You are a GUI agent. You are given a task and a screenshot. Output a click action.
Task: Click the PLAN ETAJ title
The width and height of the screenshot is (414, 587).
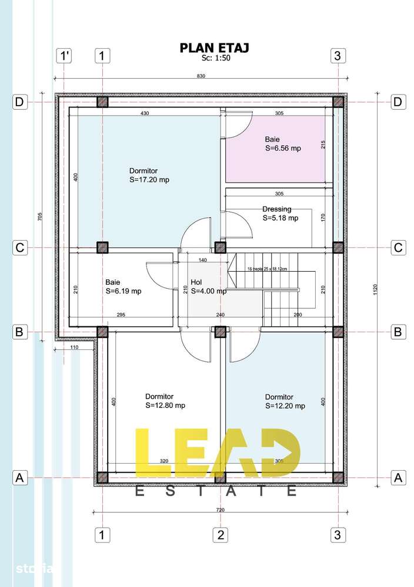pos(214,48)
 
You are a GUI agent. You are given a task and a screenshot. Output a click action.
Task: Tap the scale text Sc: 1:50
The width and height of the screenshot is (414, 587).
pos(214,58)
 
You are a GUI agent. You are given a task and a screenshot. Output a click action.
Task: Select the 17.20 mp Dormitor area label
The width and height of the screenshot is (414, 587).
pos(149,176)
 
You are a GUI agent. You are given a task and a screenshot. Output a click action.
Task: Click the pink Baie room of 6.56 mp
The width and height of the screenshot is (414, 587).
pos(276,149)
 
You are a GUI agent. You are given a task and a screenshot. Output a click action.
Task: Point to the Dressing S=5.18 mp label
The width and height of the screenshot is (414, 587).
pos(280,213)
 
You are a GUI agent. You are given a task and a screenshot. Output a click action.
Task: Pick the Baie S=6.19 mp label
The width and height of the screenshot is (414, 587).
pos(123,286)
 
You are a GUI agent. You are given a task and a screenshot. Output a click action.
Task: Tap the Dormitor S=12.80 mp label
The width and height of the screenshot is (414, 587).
pos(165,401)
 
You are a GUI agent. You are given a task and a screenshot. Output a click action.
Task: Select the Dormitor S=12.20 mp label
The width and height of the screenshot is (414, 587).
pos(285,401)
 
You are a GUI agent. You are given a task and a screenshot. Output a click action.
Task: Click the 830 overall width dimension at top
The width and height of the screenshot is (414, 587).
pos(200,76)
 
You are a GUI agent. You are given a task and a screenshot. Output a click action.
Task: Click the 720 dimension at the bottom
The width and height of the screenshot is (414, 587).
pos(221,510)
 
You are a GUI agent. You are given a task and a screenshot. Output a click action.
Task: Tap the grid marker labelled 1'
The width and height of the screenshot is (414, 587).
pos(64,56)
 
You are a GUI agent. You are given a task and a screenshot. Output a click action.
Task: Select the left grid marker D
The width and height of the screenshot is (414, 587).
pos(20,102)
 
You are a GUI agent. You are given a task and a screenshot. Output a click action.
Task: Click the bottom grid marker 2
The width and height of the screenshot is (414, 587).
pos(220,535)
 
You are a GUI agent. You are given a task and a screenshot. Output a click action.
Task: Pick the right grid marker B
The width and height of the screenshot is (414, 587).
pos(398,332)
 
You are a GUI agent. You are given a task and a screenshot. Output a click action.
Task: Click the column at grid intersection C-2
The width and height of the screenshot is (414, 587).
pos(220,247)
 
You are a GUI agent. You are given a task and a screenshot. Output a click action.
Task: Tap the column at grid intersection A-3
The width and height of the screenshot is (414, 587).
pos(338,478)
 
